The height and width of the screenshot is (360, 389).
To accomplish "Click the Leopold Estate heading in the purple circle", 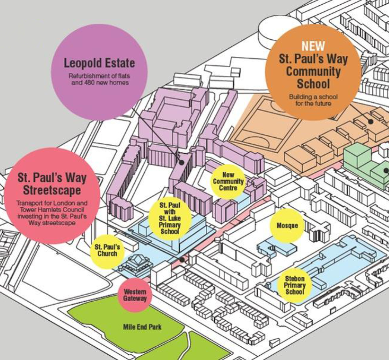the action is (x=100, y=63).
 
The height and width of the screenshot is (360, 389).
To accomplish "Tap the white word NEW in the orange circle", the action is (x=313, y=46).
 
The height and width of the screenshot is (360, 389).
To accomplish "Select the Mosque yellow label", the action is (x=287, y=225).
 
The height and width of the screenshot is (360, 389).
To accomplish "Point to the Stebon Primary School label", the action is (x=294, y=285).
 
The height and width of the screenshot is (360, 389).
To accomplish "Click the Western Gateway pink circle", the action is (x=135, y=295).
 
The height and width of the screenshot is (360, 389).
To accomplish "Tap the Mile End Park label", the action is (x=142, y=327).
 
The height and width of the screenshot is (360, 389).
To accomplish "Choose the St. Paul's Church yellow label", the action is (x=107, y=251).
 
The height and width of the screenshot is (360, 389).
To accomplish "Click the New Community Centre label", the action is (x=228, y=181).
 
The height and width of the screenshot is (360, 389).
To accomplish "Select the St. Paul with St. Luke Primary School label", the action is (x=170, y=218).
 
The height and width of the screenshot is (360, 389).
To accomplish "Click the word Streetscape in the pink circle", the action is (x=52, y=190).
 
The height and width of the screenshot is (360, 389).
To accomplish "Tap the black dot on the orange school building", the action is (x=371, y=122).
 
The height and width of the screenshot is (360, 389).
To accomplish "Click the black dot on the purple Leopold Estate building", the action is (x=182, y=163).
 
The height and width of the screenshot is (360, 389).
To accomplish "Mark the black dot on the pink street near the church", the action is (x=182, y=260).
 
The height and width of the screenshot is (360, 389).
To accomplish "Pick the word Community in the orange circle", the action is (x=313, y=71).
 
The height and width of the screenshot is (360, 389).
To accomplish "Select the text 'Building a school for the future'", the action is (x=313, y=100).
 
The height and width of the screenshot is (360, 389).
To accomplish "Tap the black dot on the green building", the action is (x=386, y=170).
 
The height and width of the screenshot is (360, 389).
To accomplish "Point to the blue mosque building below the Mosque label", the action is (x=277, y=247).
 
